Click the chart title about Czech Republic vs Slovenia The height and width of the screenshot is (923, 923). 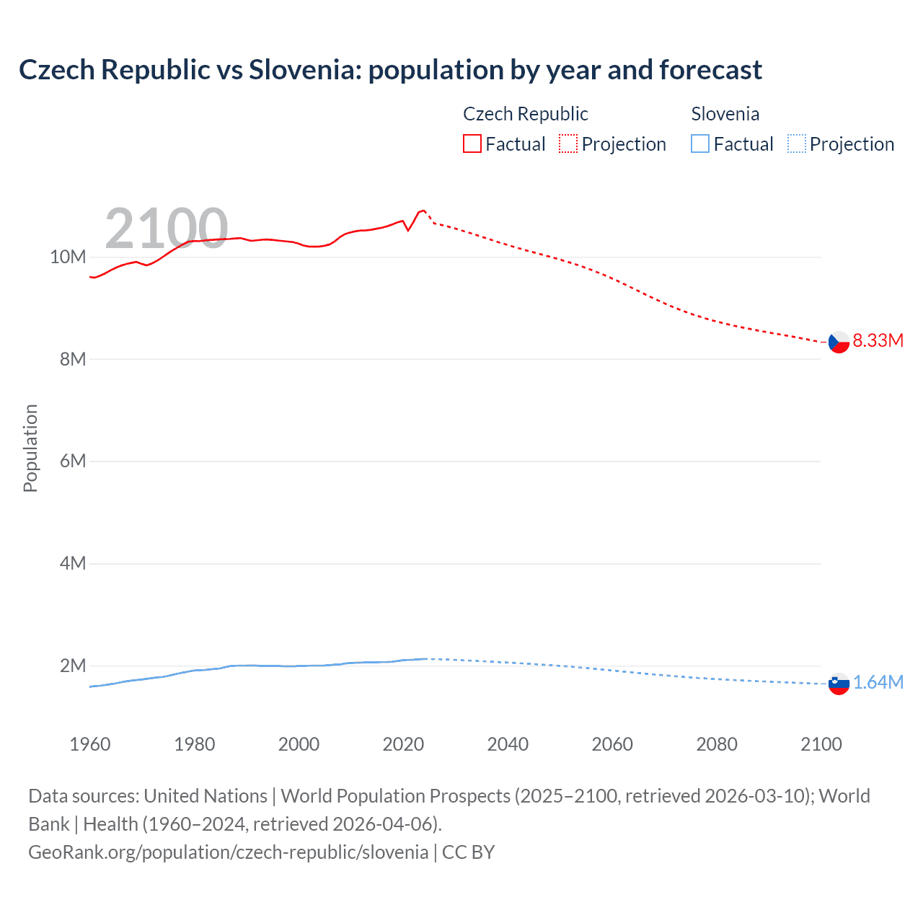coord(390,70)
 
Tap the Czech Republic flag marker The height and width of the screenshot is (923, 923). coord(839,342)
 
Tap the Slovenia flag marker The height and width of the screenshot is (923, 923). coord(839,684)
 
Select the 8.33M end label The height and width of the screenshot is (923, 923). coord(878,340)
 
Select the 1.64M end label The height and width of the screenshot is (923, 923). coord(878,682)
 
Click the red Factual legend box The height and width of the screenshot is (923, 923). coord(472,144)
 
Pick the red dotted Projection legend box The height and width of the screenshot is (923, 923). coord(568,144)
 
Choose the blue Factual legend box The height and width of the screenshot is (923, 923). coord(699,144)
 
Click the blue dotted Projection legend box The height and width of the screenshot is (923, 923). coord(796,144)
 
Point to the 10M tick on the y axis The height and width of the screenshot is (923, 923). coord(68,257)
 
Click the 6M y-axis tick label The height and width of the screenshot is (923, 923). coord(72,461)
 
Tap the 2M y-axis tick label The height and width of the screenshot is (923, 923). coord(72,666)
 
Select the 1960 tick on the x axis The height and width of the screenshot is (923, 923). coord(90,744)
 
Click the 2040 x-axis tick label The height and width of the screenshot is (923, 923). coord(508,744)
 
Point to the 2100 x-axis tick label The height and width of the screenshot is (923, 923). coord(821,744)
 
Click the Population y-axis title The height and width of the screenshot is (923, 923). coord(30,448)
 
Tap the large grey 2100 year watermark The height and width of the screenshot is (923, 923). coord(167,229)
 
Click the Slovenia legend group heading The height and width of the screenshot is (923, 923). coord(725,114)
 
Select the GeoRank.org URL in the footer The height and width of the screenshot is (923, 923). coord(228,852)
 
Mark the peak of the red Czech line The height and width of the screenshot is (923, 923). coord(423,210)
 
